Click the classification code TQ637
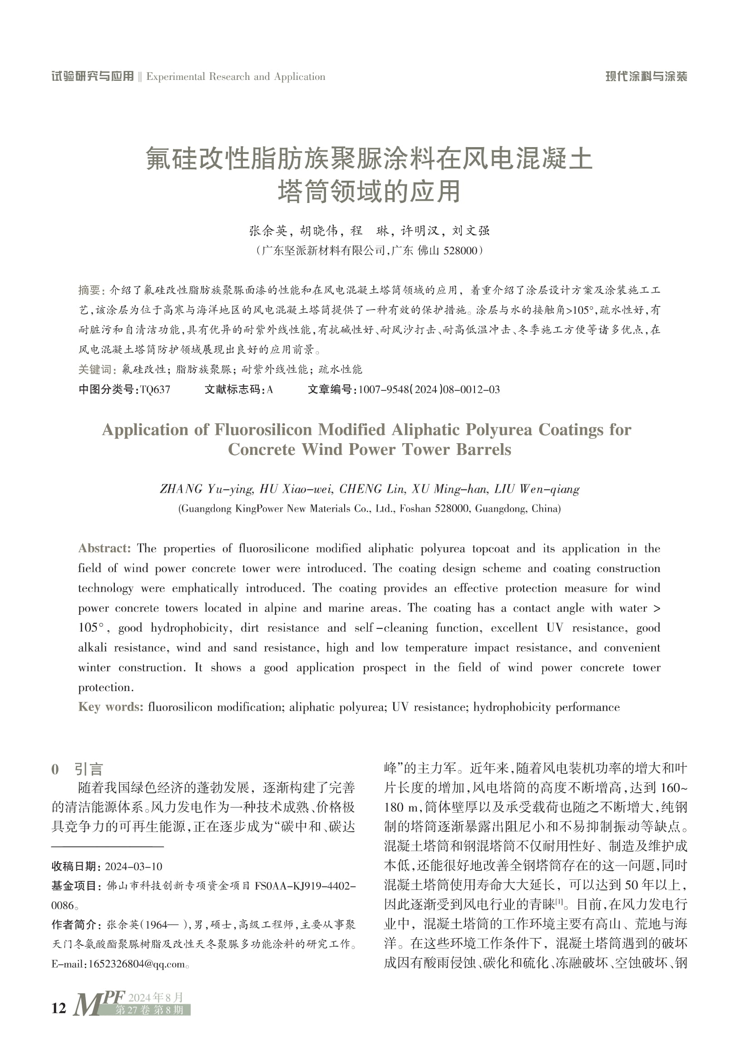click(x=155, y=390)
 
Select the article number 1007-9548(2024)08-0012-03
click(x=429, y=390)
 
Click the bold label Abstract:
click(x=104, y=548)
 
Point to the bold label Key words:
click(x=110, y=707)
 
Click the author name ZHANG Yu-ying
click(x=206, y=489)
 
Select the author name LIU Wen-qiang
click(x=537, y=489)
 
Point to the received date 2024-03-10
click(x=133, y=866)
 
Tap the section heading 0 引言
click(x=77, y=769)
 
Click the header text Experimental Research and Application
click(x=235, y=77)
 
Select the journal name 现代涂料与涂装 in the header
click(x=646, y=77)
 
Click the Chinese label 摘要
click(x=89, y=290)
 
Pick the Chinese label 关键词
click(x=95, y=370)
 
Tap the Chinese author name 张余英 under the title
click(x=268, y=230)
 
